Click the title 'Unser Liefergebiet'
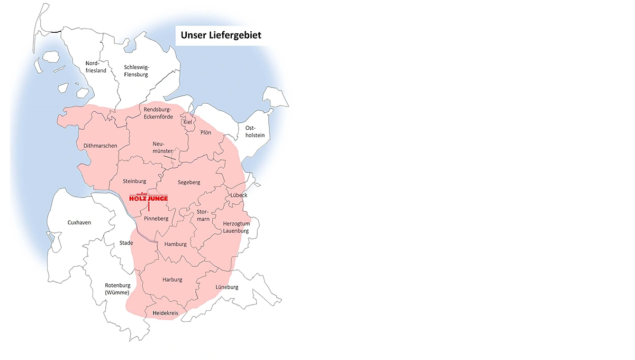221,35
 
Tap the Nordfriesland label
96,67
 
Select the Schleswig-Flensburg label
136,71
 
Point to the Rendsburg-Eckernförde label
158,113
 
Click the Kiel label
187,122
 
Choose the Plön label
205,132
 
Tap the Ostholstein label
255,132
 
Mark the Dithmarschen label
100,146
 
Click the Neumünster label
162,147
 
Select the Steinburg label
134,181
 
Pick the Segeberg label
189,182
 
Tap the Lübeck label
239,195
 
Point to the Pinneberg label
156,218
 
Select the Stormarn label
203,214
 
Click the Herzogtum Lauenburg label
236,227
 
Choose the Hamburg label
176,244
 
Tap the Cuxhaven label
79,222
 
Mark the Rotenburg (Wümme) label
117,289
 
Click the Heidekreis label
165,313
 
